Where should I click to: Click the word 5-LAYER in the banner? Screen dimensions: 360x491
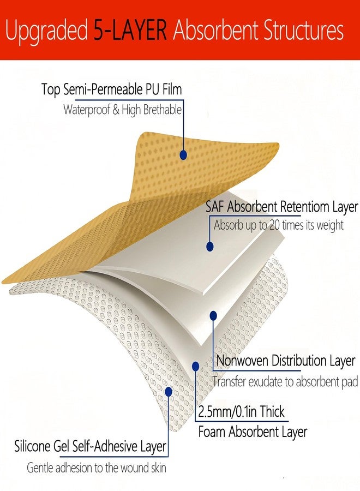click(130, 30)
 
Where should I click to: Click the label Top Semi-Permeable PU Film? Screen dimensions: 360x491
click(111, 89)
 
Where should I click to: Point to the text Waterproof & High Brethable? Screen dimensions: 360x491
click(122, 110)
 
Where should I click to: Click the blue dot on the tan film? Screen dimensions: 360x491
click(183, 155)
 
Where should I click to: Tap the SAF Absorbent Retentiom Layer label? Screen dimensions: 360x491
click(282, 207)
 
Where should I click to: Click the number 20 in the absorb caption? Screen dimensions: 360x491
click(274, 225)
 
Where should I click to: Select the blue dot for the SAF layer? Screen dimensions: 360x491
click(210, 247)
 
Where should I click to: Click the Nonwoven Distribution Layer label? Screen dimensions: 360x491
click(285, 361)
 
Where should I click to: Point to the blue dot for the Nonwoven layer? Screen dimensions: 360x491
click(213, 316)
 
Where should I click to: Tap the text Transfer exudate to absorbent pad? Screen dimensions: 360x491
click(285, 382)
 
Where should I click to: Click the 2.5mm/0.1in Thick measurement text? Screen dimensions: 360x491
click(241, 411)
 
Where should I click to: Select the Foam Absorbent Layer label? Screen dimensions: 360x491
click(253, 432)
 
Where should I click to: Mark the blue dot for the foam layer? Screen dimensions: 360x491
click(196, 367)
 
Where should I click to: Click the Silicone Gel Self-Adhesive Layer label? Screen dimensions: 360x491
click(90, 446)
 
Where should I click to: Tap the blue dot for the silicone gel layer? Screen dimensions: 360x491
click(169, 391)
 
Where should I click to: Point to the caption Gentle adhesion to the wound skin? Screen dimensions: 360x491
click(97, 468)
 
